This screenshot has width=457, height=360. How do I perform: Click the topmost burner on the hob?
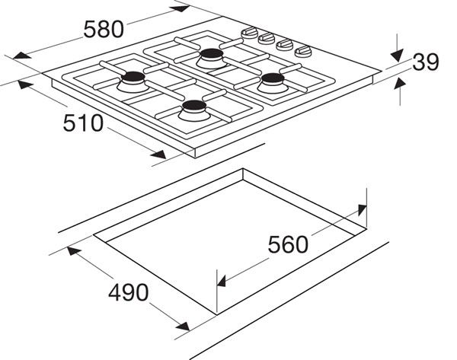211,55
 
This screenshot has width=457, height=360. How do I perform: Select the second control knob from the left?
266,37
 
